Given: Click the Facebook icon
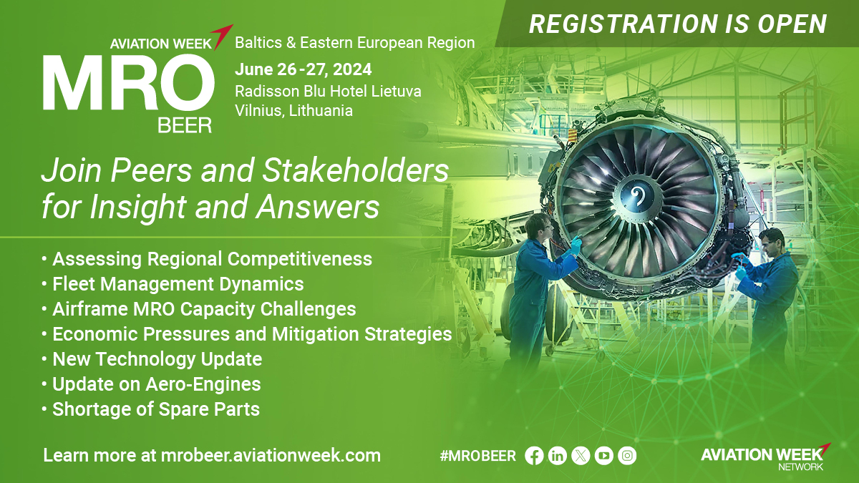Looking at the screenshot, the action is point(534,456).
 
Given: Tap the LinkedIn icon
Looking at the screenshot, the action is point(558,456).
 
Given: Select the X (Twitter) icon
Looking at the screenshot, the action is point(581,456).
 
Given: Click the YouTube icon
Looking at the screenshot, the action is point(604,456).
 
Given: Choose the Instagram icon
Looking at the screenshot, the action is point(627,456).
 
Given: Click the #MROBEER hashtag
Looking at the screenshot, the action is point(478,457).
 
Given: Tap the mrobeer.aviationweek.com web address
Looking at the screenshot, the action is point(271,455).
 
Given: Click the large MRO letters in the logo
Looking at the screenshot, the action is point(128,83).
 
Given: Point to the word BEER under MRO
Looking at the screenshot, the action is point(185,125).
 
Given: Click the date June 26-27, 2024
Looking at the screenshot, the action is point(304,69).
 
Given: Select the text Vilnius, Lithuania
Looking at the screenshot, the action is point(293,111).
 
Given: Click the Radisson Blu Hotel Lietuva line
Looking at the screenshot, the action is point(329,92).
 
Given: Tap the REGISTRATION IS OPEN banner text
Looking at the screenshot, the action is point(678,24).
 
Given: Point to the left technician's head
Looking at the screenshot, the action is point(539,226).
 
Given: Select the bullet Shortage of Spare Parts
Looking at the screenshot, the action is point(150,409).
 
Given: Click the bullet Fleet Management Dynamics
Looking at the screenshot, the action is point(173,284).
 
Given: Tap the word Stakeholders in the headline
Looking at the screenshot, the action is point(356,170).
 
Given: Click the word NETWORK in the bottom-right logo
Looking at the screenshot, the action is point(801,467).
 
